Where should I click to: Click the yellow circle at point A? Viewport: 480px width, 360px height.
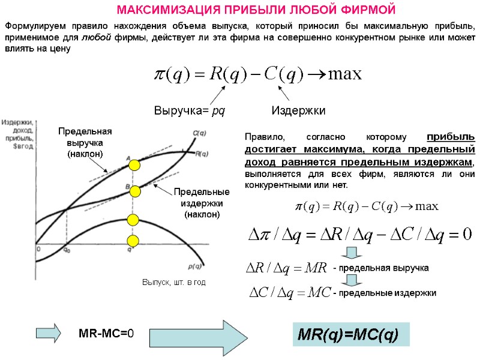tap(134, 165)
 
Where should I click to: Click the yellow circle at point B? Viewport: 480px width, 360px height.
tap(134, 191)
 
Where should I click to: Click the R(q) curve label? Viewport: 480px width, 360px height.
tap(202, 154)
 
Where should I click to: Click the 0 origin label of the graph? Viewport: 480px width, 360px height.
tap(38, 248)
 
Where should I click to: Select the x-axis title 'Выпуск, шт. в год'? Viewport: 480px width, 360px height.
tap(173, 283)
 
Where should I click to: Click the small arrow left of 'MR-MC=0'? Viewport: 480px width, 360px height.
tap(49, 332)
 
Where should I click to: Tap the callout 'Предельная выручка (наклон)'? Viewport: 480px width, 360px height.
tap(85, 143)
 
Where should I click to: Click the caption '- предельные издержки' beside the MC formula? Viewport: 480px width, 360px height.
tap(385, 293)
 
